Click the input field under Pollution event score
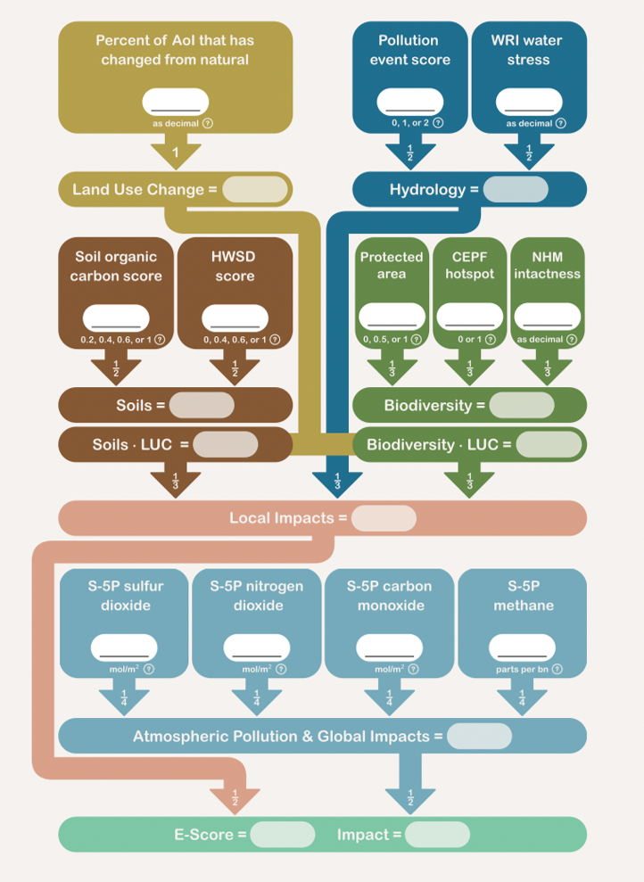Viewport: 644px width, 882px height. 409,102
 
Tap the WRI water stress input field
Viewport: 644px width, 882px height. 529,102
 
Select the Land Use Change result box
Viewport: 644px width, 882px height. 255,190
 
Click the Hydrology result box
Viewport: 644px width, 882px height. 516,190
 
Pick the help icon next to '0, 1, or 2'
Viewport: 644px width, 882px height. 437,123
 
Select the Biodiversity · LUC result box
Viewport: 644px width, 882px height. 549,444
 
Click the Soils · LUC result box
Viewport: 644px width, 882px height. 225,444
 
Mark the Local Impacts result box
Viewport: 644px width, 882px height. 384,518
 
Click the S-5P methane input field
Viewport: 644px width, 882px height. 522,647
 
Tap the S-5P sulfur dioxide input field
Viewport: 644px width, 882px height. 124,647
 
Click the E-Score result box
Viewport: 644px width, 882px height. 282,835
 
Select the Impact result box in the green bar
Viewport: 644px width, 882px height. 436,835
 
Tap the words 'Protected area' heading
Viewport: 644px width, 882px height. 391,266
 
